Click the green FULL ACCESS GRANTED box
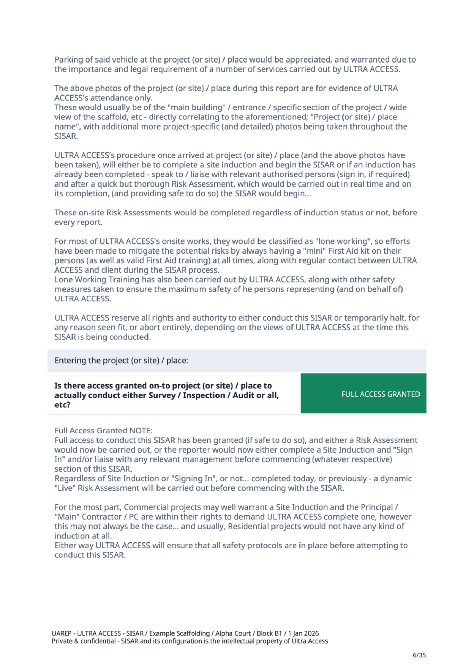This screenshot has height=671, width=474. [x=363, y=394]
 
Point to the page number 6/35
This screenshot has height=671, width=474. [x=419, y=655]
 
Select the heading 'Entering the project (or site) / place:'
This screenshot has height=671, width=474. [x=121, y=361]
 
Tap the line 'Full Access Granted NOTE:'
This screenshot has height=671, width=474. [x=103, y=431]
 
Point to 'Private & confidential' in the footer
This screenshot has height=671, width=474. [x=83, y=641]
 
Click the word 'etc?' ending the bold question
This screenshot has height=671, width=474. [x=62, y=405]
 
